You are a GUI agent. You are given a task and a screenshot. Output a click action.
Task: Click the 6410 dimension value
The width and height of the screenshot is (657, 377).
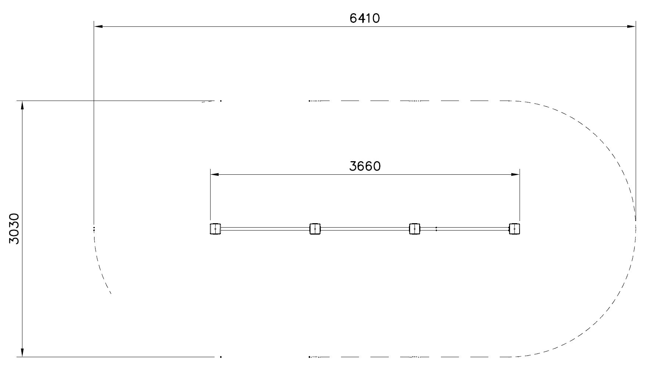pos(365,18)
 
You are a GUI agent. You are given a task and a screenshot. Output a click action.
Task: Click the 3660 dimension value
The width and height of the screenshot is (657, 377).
pos(365,166)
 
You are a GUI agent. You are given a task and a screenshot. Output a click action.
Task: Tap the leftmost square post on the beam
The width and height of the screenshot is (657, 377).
pos(215,229)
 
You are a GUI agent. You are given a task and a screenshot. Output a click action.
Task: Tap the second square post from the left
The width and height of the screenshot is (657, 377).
pos(315,229)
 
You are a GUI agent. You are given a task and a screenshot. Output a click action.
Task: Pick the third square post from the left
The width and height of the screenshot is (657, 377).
pos(415,229)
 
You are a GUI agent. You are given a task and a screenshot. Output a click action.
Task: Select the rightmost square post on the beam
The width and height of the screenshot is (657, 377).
pos(514,229)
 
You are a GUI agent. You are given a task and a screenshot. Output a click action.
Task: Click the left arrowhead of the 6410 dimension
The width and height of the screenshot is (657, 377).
pos(98,26)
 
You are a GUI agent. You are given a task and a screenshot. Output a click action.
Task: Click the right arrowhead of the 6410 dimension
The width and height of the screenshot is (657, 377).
pos(631,26)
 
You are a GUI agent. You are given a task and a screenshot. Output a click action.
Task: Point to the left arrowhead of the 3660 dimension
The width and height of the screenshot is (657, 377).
pos(215,174)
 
